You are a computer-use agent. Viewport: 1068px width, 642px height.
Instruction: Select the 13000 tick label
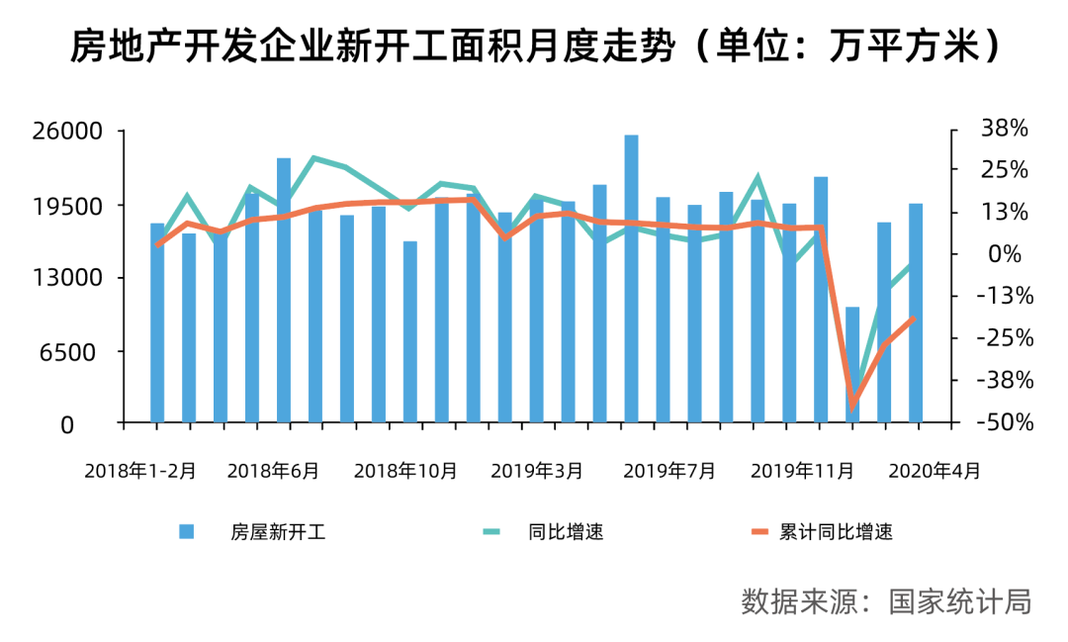click(69, 279)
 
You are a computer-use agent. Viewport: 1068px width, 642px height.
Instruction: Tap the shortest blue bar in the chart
click(852, 365)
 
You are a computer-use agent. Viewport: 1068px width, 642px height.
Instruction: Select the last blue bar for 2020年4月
click(916, 313)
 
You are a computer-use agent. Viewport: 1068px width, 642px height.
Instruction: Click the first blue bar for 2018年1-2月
click(157, 322)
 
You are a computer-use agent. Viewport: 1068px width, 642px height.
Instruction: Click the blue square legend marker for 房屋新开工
click(187, 532)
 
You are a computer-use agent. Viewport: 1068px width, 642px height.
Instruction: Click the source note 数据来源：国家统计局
click(886, 600)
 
